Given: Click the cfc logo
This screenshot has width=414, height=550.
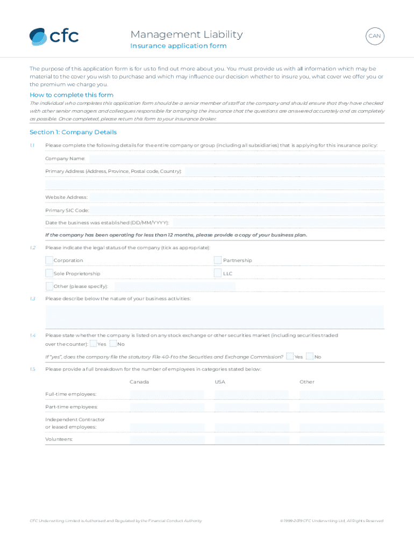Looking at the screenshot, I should (54, 36).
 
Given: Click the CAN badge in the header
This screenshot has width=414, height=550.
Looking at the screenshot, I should (375, 37).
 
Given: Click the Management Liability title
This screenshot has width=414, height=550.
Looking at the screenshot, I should (186, 34).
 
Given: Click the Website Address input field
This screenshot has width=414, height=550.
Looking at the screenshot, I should (237, 197).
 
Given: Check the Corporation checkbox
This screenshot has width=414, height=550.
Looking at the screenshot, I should (49, 260).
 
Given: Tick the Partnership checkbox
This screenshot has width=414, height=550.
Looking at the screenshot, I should (218, 260).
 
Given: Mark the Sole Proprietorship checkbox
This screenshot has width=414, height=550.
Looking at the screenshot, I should (49, 273).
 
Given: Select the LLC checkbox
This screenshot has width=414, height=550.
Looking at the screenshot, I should (218, 273).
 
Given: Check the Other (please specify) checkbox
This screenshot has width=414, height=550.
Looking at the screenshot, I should (49, 286).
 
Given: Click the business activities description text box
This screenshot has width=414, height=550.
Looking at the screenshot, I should (215, 316).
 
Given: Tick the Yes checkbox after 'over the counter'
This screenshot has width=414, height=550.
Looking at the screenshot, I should (94, 344).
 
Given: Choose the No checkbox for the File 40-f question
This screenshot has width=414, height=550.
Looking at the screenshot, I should (310, 356).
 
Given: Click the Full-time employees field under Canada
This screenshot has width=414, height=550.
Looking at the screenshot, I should (167, 395).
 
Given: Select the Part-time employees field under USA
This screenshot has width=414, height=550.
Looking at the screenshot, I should (252, 407).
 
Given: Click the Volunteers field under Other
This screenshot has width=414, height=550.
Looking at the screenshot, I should (341, 440).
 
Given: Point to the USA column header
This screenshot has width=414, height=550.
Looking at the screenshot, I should (220, 382).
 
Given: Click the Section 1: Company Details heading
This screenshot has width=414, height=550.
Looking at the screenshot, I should (73, 132).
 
